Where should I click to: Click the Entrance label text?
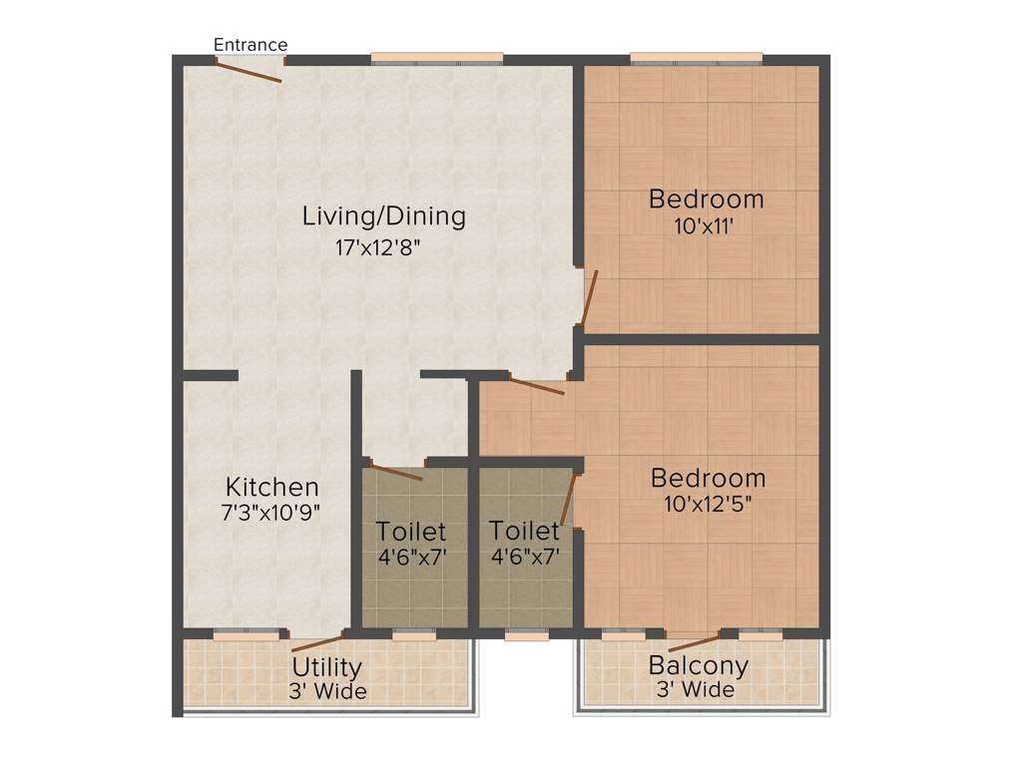tap(251, 45)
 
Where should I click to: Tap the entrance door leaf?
tap(249, 71)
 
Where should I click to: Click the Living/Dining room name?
tap(384, 215)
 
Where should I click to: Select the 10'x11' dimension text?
tap(706, 226)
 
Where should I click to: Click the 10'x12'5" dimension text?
tap(707, 504)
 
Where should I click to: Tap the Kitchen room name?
tap(272, 487)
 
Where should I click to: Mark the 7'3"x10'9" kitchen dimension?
tap(270, 514)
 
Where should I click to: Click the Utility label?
tap(326, 667)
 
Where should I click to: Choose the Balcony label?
tap(698, 665)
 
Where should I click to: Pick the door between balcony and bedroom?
tap(695, 642)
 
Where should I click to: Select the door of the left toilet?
tap(396, 471)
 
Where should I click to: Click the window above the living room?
tap(437, 58)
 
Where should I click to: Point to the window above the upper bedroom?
tap(697, 58)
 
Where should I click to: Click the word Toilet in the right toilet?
tap(525, 532)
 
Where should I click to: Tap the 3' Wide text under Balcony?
tap(696, 690)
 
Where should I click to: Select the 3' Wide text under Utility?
tap(328, 691)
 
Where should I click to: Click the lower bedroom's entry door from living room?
tap(536, 385)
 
